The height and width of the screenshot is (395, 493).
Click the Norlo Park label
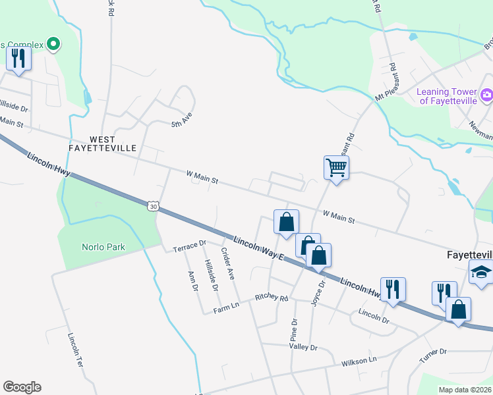pos(103,248)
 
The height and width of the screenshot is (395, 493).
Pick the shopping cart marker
pos(336,169)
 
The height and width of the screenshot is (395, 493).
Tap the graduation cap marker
pos(481,272)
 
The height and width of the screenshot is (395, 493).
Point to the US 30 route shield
pos(153,207)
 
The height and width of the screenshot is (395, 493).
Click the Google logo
pos(22,387)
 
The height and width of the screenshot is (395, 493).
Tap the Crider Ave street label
pos(228,264)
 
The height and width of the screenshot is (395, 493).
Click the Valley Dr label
pos(303,347)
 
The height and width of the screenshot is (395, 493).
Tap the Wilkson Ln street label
pos(359,361)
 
